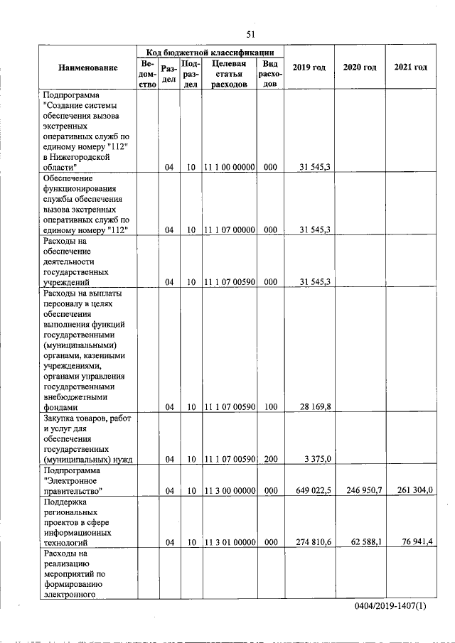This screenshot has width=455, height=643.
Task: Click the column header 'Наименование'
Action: pyautogui.click(x=88, y=67)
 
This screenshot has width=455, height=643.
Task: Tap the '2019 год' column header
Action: pyautogui.click(x=309, y=67)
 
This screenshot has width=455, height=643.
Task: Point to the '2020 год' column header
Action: pyautogui.click(x=360, y=67)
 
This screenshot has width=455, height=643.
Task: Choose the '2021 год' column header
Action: pyautogui.click(x=410, y=67)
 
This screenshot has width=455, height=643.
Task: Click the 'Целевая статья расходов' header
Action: pyautogui.click(x=229, y=74)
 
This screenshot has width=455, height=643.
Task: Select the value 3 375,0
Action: pyautogui.click(x=317, y=459)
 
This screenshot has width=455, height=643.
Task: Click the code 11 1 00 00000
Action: pyautogui.click(x=229, y=168)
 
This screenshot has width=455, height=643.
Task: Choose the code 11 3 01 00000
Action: pyautogui.click(x=229, y=542)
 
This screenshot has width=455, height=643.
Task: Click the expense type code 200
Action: pyautogui.click(x=270, y=459)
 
